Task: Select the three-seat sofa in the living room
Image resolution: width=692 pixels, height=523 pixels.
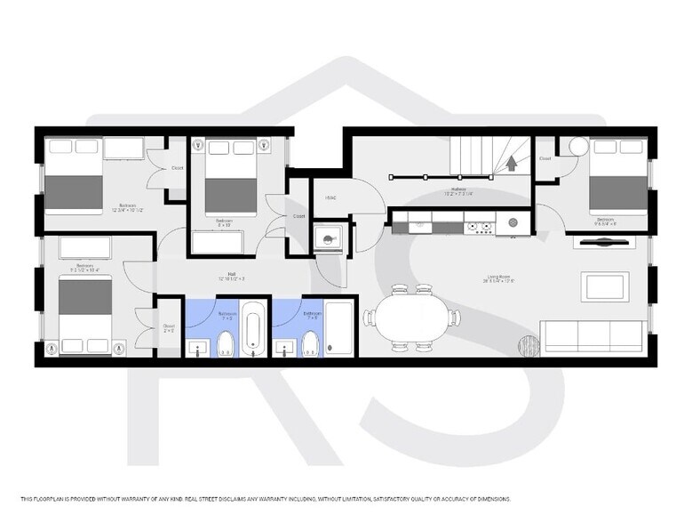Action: [593, 334]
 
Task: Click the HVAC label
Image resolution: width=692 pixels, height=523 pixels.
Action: [330, 197]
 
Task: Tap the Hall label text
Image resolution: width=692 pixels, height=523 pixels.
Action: [231, 275]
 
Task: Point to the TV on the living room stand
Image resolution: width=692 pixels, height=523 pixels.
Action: [605, 240]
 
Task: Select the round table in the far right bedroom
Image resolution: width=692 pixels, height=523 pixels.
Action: [577, 146]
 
